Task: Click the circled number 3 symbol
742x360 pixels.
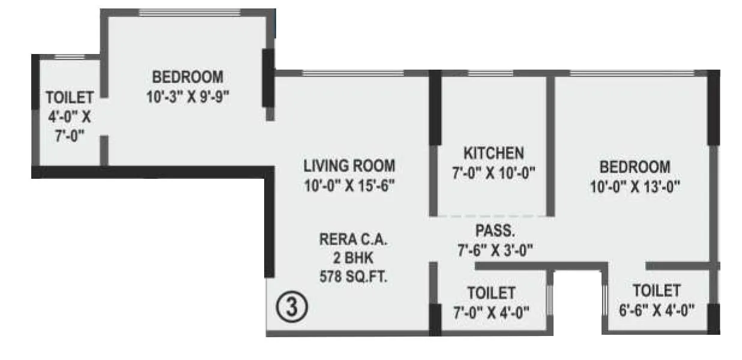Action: tap(292, 307)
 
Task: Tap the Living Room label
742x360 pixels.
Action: tap(349, 166)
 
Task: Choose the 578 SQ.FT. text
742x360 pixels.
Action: tap(353, 277)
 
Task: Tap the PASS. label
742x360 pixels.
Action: tap(494, 230)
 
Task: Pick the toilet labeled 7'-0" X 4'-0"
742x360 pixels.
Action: tap(491, 302)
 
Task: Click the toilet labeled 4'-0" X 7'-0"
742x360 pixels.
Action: tap(70, 116)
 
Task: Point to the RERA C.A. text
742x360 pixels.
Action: tap(353, 241)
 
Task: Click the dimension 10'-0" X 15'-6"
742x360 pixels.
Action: tap(349, 185)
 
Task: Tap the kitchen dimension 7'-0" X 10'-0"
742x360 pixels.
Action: tap(493, 173)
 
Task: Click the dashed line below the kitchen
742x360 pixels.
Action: tap(490, 215)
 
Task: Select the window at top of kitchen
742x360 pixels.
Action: tap(490, 74)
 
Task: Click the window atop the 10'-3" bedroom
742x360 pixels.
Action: tap(190, 12)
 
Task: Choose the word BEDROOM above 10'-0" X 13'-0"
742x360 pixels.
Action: tap(635, 166)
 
